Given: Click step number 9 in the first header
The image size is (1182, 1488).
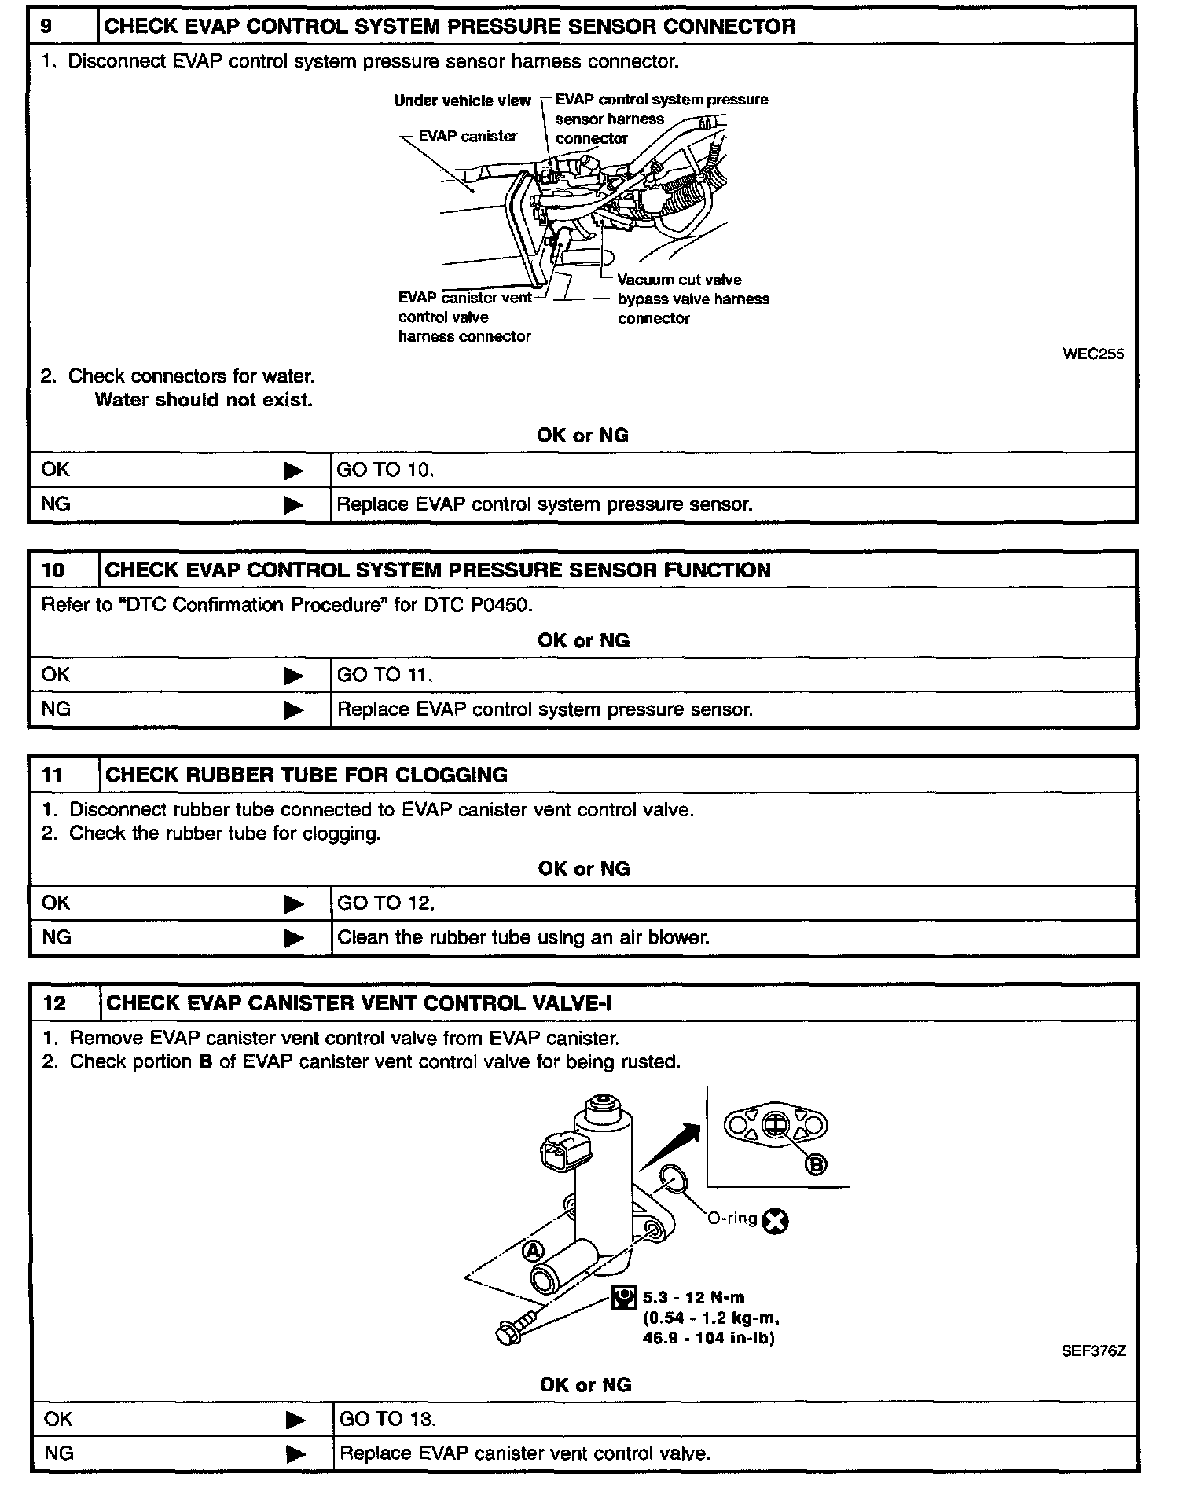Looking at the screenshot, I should coord(46,27).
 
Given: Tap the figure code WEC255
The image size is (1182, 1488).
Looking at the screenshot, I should coord(1092,354).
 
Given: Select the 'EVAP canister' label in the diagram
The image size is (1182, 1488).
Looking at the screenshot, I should coord(468,137).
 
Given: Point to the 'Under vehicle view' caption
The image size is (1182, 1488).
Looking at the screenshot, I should coord(462,101).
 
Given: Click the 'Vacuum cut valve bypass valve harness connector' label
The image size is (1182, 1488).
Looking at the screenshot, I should coord(692,299).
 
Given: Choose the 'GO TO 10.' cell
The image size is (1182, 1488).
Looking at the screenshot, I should coord(385,470).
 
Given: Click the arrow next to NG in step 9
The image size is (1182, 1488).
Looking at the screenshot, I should coord(293,504).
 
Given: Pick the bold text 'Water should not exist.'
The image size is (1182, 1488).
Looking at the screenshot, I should coord(204,400).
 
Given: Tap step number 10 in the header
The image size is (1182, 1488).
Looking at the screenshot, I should coord(53,570).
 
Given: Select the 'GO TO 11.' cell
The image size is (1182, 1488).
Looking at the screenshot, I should coord(385,675).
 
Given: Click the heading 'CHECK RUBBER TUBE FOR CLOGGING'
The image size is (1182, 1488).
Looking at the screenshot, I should coord(306,775).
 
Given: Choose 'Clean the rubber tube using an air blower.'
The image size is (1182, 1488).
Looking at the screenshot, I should coord(523,937).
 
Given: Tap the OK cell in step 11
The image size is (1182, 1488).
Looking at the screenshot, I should coord(56,903).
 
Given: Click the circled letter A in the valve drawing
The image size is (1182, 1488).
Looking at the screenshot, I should coord(533,1250).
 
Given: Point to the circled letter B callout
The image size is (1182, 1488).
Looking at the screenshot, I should coord(817,1165).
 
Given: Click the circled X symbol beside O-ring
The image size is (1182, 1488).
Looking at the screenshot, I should coord(776,1221).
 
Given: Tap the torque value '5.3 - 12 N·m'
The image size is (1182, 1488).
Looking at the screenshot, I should coord(692,1298).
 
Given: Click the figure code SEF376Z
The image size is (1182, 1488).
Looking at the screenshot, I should coord(1092,1351).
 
